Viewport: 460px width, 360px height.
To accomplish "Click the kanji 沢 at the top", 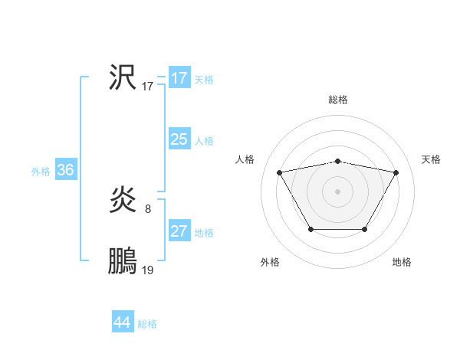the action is (x=122, y=77).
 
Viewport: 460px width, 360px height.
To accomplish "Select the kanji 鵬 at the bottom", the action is (x=122, y=262).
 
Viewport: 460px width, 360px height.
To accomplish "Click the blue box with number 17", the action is (x=179, y=78).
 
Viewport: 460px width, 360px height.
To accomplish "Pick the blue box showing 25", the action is (x=179, y=139).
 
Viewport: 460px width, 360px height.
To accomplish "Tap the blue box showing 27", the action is (x=179, y=231).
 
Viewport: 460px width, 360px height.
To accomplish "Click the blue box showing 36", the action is (x=65, y=170).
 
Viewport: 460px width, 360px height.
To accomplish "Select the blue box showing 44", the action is (x=122, y=322).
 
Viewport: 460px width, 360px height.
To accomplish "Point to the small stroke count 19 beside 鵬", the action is (x=148, y=270).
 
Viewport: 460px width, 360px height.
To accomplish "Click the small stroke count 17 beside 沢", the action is (x=148, y=87).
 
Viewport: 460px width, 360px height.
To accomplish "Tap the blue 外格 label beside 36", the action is (x=41, y=172).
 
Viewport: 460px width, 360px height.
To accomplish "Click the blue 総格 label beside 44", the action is (x=147, y=324).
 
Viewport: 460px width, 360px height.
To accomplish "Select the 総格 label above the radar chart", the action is (x=337, y=100).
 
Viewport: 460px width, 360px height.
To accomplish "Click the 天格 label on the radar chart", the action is (x=431, y=159).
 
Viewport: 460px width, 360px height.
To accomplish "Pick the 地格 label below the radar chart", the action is (x=402, y=263).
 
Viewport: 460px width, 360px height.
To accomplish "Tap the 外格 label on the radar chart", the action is (x=269, y=263).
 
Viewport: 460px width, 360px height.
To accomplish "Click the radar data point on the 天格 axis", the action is (x=396, y=172).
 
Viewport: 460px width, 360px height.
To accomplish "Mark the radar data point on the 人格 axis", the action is (x=279, y=172).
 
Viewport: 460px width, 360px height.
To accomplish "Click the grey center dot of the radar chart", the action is (x=337, y=191).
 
